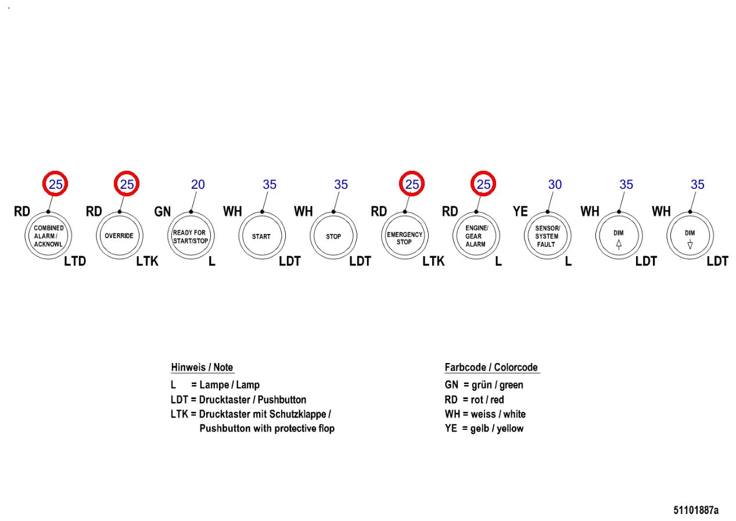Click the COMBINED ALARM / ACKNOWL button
point(49,236)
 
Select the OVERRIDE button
point(119,236)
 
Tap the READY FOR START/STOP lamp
point(189,236)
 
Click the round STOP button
point(333,236)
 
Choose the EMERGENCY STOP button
point(404,236)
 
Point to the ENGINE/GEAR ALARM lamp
point(476,236)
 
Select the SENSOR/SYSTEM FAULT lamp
point(547,236)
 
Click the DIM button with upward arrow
point(619,236)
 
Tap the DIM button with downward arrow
point(690,236)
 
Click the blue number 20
point(198,185)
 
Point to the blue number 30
point(555,185)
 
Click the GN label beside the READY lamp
point(163,212)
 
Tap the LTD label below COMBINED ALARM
point(75,262)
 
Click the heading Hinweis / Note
point(202,368)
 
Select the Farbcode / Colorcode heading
point(491,368)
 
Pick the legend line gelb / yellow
point(484,429)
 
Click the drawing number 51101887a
point(696,511)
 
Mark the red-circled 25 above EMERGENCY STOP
point(412,185)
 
